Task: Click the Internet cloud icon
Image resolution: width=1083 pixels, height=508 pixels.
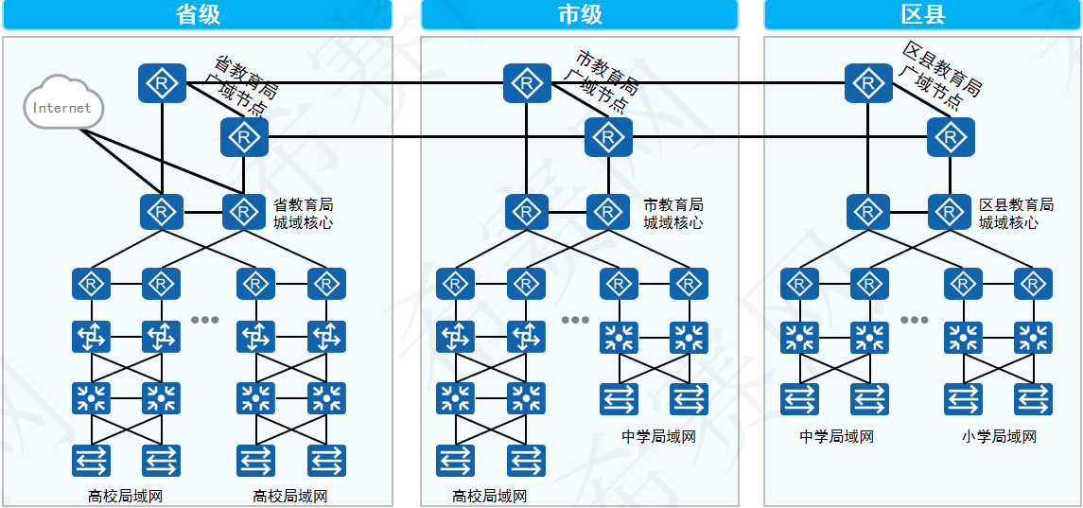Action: pyautogui.click(x=62, y=105)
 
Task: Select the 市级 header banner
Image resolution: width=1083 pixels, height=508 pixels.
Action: pyautogui.click(x=579, y=14)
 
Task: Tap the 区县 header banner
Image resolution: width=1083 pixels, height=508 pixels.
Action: pyautogui.click(x=923, y=14)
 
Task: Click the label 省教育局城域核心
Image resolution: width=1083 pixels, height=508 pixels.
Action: pyautogui.click(x=304, y=214)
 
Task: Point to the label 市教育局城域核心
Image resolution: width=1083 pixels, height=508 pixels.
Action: pyautogui.click(x=673, y=214)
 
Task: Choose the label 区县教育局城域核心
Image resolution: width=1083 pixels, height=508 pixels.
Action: pyautogui.click(x=1016, y=214)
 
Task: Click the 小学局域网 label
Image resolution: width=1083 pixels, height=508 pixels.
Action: pyautogui.click(x=999, y=437)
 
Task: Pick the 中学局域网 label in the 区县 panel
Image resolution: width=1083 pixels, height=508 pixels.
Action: pyautogui.click(x=836, y=437)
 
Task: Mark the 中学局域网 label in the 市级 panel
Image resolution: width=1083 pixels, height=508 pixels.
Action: pyautogui.click(x=659, y=437)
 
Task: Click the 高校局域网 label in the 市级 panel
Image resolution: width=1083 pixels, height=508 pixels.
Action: pyautogui.click(x=490, y=496)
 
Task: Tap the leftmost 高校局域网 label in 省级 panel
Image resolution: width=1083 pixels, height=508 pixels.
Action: pyautogui.click(x=125, y=496)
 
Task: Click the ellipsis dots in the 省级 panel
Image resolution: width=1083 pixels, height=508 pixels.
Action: pyautogui.click(x=205, y=320)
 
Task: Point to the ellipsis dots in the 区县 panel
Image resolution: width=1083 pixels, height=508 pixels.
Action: pyautogui.click(x=915, y=320)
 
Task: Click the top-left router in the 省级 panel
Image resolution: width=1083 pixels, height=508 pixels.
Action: pyautogui.click(x=162, y=83)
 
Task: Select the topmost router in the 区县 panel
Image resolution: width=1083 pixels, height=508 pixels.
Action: pyautogui.click(x=868, y=83)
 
